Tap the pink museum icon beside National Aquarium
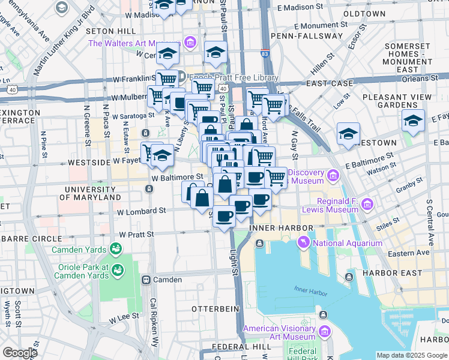(304, 242)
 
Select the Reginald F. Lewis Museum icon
(364, 205)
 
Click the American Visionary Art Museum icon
(325, 332)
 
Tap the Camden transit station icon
(145, 280)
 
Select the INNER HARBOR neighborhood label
(281, 229)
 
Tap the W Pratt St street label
(136, 235)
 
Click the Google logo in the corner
(19, 353)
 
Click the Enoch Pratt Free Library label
(234, 78)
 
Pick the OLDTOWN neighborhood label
(364, 13)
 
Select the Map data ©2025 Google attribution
(411, 355)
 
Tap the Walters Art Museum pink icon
(190, 43)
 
